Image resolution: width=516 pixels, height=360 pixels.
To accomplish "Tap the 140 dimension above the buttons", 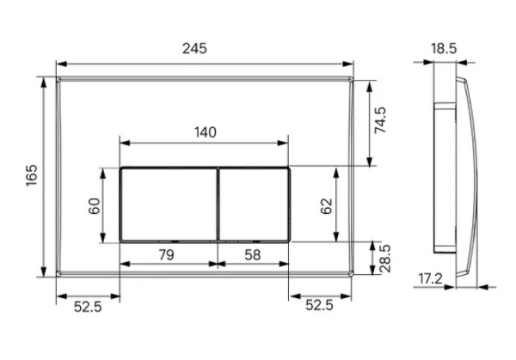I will click(x=205, y=131).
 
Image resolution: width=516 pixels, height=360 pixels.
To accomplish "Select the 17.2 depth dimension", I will click(x=433, y=279).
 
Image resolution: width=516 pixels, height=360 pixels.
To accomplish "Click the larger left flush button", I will click(x=168, y=203).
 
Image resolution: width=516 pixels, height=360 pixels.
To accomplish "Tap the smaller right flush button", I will click(x=255, y=203).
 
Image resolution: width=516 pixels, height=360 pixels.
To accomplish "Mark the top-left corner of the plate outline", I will click(x=58, y=78).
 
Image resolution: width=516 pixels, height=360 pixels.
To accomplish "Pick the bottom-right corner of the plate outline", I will click(x=353, y=275).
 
